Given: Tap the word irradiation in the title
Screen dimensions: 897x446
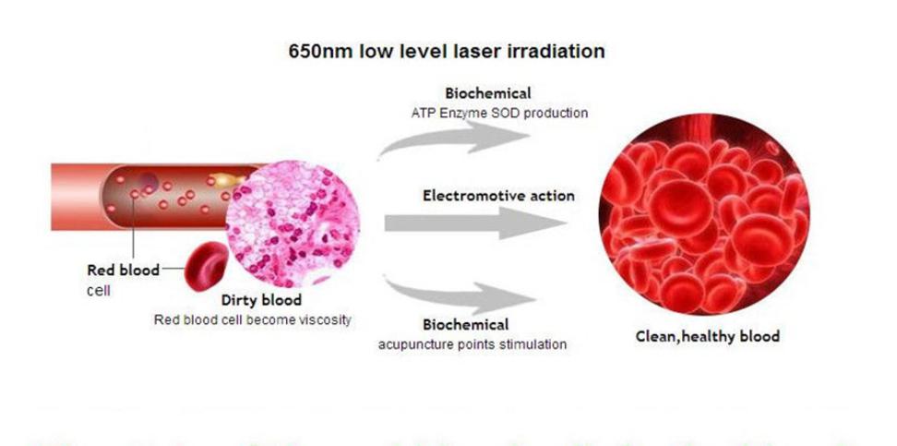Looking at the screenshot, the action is pyautogui.click(x=556, y=52).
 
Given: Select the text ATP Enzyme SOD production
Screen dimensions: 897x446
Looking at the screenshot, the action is pyautogui.click(x=499, y=113).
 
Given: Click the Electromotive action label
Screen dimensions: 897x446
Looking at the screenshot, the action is pyautogui.click(x=498, y=196).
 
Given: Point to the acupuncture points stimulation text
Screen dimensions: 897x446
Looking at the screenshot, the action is pyautogui.click(x=472, y=344).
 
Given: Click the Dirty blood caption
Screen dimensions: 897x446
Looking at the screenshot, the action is pyautogui.click(x=261, y=300).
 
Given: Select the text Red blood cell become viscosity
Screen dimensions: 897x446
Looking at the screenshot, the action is pyautogui.click(x=252, y=320).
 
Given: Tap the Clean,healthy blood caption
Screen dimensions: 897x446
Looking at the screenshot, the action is pyautogui.click(x=708, y=336).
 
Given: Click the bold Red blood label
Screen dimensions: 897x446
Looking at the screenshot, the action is pyautogui.click(x=123, y=271).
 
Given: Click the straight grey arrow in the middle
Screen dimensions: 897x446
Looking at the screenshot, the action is pyautogui.click(x=475, y=223).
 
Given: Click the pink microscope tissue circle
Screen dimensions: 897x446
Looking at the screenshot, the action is pyautogui.click(x=293, y=223).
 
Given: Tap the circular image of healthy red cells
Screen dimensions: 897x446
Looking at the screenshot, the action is pyautogui.click(x=703, y=214).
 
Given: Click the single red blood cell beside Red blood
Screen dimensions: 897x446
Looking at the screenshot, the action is pyautogui.click(x=206, y=266).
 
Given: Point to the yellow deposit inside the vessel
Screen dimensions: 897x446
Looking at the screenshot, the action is pyautogui.click(x=225, y=180).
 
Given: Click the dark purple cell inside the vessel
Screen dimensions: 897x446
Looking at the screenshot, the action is pyautogui.click(x=149, y=181).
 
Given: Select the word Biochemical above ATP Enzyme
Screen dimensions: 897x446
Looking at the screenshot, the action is pyautogui.click(x=488, y=92).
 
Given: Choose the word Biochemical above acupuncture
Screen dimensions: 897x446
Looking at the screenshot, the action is pyautogui.click(x=466, y=325).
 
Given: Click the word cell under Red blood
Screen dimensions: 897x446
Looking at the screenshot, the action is pyautogui.click(x=99, y=290).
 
